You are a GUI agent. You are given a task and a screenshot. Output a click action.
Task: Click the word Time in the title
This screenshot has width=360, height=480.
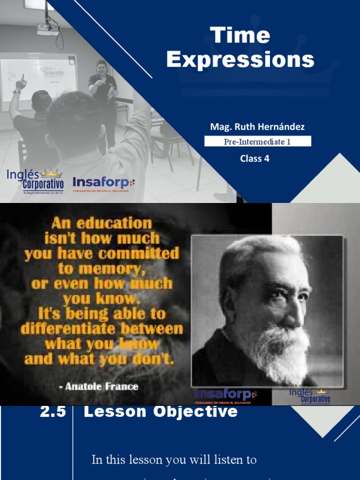click(x=240, y=36)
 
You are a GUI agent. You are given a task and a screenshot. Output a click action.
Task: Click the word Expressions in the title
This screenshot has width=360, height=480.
click(x=240, y=60)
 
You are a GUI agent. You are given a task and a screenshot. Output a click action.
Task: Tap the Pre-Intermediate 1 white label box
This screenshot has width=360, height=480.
click(x=257, y=141)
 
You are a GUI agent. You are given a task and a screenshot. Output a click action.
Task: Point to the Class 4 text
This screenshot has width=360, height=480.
click(x=255, y=158)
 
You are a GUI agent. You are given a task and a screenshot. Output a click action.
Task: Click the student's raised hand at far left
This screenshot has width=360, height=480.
click(x=20, y=83)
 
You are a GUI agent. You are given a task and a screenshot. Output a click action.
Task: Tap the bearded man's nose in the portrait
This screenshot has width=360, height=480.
click(x=294, y=315)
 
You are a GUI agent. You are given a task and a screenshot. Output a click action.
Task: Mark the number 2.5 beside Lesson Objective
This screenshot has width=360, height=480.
click(x=53, y=412)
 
